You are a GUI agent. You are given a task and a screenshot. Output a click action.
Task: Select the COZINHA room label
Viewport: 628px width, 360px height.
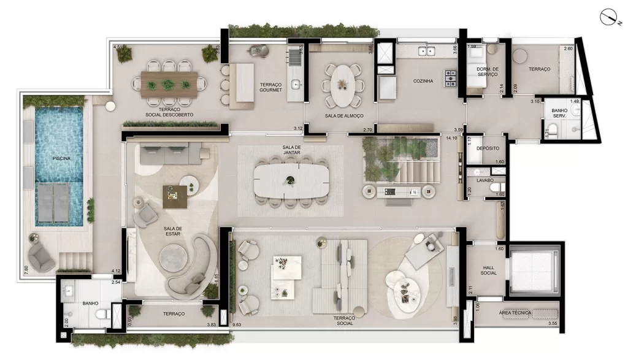point(423,81)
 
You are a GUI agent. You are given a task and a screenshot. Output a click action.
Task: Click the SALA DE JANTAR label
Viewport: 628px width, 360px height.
point(291,150)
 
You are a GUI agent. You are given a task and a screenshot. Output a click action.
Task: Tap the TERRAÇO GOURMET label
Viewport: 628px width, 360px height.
point(270,86)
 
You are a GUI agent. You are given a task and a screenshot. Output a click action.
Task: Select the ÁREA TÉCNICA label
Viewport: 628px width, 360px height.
point(515,313)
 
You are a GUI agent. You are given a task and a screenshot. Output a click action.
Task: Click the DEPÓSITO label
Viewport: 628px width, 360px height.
point(488,148)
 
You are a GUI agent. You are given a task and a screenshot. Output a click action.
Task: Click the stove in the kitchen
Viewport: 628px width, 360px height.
point(451,77)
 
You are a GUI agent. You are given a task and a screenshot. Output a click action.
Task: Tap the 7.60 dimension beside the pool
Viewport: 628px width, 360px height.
point(25,267)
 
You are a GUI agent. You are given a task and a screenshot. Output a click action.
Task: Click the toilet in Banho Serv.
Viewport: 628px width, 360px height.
point(553,129)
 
